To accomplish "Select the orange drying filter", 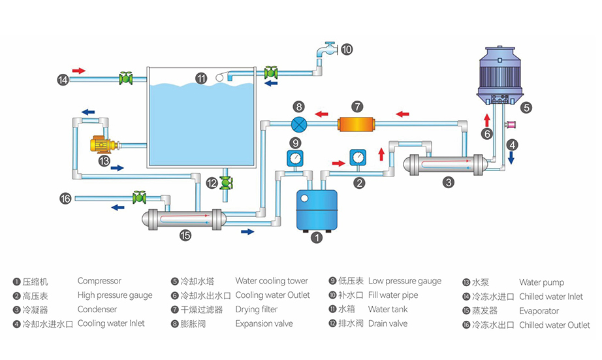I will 356,123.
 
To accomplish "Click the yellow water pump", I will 102,145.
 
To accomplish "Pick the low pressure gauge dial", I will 295,158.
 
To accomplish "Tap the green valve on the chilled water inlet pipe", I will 125,79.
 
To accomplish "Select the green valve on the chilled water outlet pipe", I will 138,197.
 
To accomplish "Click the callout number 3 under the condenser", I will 448,183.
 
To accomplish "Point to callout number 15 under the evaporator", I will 185,236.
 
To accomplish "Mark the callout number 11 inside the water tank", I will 202,78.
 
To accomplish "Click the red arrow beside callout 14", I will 79,70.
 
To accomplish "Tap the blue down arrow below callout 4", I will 512,158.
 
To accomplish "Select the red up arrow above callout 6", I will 486,120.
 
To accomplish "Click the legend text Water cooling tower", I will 272,282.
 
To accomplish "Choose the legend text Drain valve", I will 387,323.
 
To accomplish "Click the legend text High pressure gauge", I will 115,295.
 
